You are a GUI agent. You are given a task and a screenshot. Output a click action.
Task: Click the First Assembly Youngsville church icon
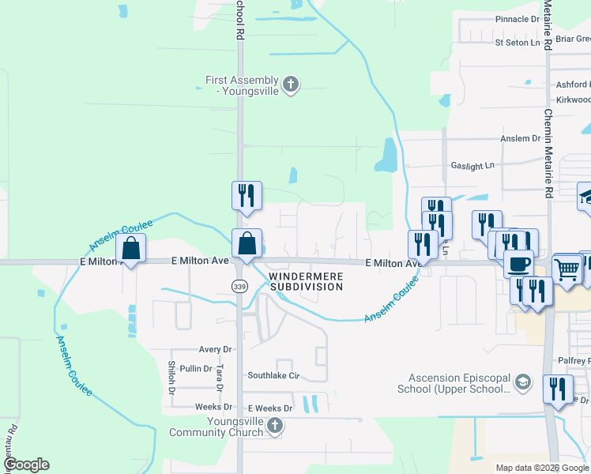click(x=291, y=85)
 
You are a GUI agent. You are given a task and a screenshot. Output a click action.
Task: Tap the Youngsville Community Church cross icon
click(x=274, y=427)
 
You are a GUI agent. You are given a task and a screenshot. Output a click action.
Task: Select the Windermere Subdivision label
click(x=307, y=281)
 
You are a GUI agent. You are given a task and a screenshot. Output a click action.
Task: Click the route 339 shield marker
click(x=239, y=286)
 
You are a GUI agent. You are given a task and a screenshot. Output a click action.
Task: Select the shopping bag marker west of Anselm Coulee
click(x=130, y=249)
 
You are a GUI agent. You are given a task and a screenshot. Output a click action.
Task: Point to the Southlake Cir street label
click(x=274, y=375)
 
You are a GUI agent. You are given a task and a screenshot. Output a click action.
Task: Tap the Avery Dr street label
click(x=215, y=349)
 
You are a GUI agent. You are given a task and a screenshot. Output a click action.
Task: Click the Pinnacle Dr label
click(x=517, y=18)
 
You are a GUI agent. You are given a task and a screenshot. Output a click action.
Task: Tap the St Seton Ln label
click(x=518, y=42)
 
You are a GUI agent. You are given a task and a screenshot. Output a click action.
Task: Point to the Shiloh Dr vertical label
click(x=171, y=374)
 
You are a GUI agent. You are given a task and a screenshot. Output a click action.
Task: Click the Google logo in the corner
click(x=25, y=465)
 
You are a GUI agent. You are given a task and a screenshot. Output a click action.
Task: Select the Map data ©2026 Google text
click(x=541, y=468)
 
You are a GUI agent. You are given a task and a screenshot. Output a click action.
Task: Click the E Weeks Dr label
click(x=270, y=408)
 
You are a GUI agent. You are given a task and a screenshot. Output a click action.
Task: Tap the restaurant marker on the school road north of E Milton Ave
click(x=247, y=195)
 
